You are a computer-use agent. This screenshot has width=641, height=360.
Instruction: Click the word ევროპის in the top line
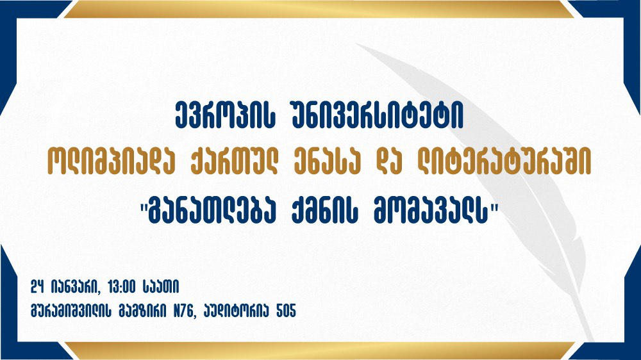coord(224,116)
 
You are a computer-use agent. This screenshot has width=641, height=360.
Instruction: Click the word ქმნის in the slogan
coord(326,211)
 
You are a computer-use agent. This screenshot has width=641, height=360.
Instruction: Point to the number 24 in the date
coord(37,287)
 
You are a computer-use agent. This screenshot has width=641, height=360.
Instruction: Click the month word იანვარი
coord(76,287)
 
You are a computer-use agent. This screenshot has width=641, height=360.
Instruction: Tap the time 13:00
coord(122,287)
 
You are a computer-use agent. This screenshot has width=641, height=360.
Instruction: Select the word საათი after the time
coord(161,287)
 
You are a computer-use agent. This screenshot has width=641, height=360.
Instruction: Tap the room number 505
coord(286,311)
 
